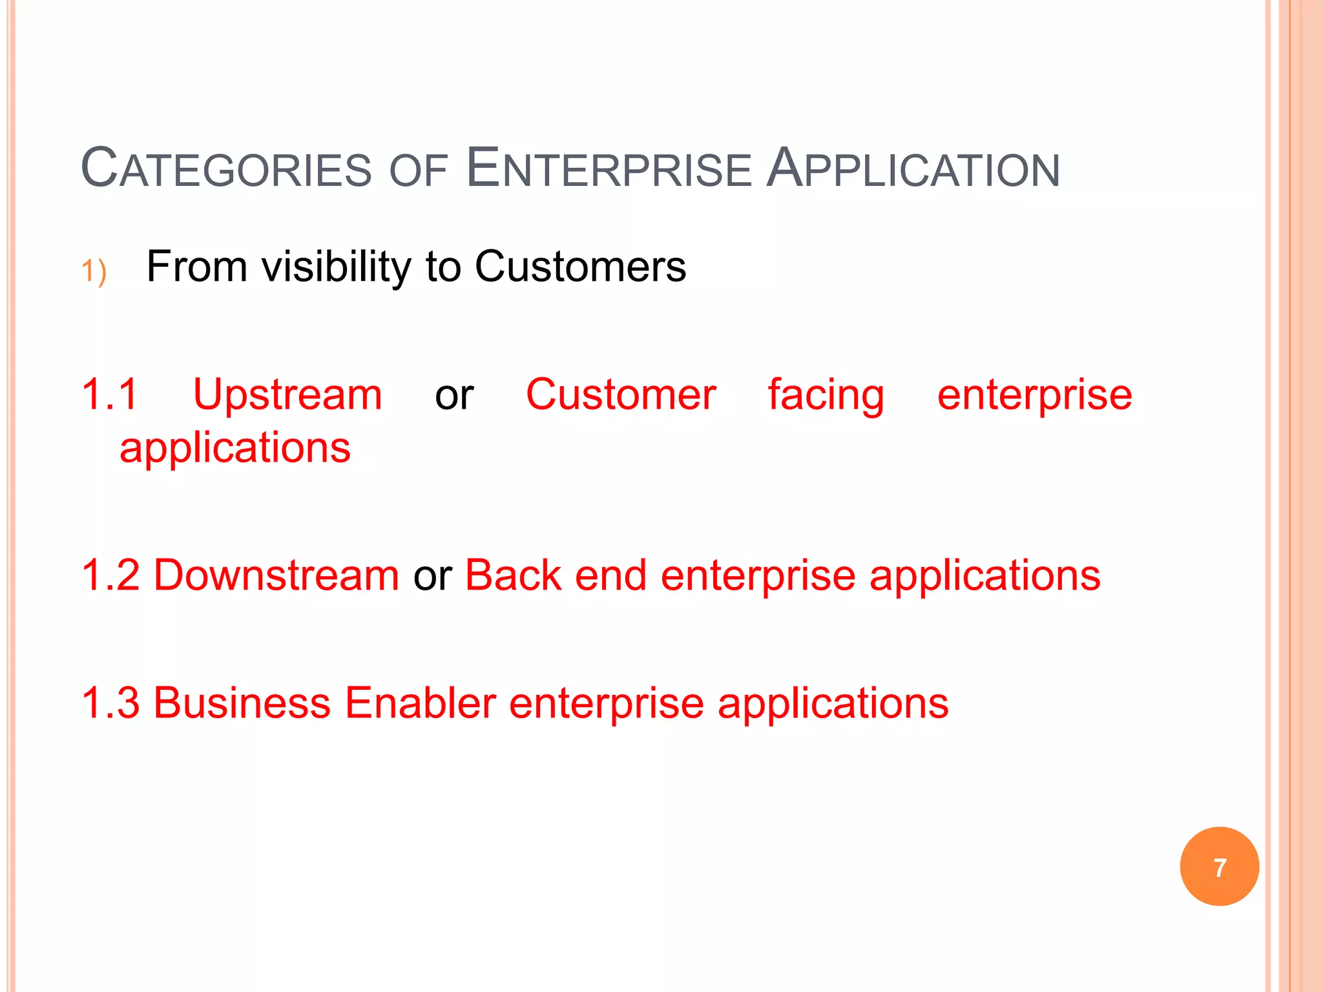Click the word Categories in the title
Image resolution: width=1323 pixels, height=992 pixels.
[226, 169]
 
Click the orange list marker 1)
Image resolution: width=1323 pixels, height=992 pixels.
[94, 271]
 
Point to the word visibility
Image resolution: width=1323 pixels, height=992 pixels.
[336, 267]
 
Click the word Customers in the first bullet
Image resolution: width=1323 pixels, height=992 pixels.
[580, 267]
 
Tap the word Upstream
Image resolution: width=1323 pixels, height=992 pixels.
[287, 395]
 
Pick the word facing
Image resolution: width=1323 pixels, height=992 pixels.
[826, 395]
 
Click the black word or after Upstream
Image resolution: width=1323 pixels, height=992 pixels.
[454, 395]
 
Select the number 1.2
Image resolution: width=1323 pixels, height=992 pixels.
[110, 575]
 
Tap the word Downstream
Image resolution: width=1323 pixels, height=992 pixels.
[276, 575]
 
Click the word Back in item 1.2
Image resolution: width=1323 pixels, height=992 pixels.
[513, 575]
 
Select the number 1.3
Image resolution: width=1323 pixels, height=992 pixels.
[110, 703]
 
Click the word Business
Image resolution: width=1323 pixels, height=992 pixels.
[242, 703]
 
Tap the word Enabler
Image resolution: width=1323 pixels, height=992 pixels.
[420, 703]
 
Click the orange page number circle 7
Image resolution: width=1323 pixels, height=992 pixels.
[1219, 867]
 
